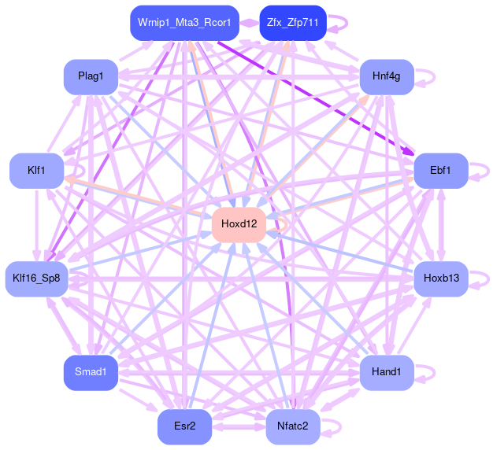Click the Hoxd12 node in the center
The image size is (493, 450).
(x=239, y=224)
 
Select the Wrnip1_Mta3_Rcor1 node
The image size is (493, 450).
(x=183, y=23)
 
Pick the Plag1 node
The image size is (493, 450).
(x=91, y=76)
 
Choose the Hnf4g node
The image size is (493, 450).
(x=387, y=76)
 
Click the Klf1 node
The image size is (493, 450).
(x=36, y=170)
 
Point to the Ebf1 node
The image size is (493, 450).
(x=441, y=170)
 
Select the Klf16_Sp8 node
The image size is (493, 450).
(x=37, y=278)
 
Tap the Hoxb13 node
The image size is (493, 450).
(x=441, y=278)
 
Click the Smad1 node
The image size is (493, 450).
(x=91, y=371)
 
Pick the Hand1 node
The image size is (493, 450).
(x=387, y=371)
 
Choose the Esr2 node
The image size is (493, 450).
(x=184, y=426)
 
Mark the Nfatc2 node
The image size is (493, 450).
(x=293, y=426)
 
